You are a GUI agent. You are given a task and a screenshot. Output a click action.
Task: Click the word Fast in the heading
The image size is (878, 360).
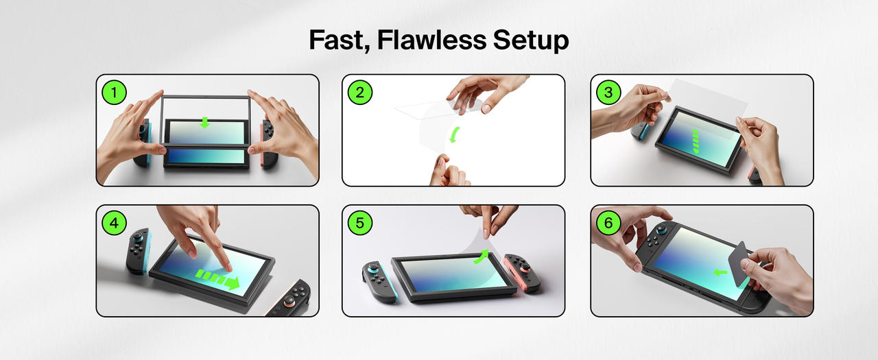point(340,40)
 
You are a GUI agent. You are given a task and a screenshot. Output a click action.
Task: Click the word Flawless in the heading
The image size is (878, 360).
point(431,40)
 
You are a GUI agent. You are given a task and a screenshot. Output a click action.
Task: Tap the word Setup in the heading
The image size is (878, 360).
point(531,40)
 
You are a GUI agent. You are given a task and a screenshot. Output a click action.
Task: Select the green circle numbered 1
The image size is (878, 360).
point(114,93)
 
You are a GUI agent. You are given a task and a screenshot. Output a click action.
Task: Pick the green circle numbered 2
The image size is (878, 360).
point(360,93)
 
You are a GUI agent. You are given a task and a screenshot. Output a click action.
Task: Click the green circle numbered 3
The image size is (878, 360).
point(608,93)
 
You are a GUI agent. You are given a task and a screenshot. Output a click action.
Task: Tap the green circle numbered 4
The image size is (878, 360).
point(114,223)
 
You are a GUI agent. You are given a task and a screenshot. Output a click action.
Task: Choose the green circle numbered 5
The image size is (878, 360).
point(360,223)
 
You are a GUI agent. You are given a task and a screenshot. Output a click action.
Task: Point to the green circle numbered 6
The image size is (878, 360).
point(608,223)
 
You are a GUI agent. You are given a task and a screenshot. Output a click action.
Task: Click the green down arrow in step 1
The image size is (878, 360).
point(204,123)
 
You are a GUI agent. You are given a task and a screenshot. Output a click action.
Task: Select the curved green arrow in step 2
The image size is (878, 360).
point(454,135)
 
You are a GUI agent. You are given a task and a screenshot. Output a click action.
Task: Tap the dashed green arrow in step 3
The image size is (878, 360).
point(696,141)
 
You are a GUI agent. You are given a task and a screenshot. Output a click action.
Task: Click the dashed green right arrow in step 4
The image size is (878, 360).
point(217,279)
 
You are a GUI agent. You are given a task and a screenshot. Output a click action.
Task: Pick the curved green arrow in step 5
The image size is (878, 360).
point(482,256)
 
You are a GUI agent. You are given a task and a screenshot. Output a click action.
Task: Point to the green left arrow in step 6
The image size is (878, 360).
point(720,272)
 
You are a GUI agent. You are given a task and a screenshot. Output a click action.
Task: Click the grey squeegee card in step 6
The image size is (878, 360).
point(739,263)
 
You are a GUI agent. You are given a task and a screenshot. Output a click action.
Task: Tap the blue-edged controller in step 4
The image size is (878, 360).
point(138,251)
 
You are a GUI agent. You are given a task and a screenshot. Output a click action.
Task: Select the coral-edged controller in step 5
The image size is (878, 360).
point(523,273)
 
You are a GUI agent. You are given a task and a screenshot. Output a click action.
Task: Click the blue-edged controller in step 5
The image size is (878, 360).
point(379,281)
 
